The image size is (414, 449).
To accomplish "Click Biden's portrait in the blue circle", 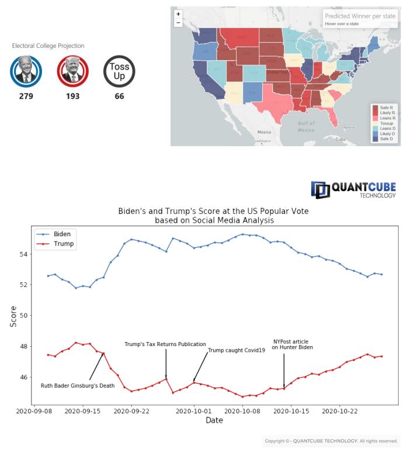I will pos(26,71).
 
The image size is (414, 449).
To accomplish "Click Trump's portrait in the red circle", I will pos(72,71).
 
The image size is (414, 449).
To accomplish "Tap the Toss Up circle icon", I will pos(119,71).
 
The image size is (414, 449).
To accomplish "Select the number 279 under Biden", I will pos(26,96).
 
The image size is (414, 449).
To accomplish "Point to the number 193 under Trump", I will pos(72,96).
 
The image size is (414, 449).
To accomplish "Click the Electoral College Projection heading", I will pos(48,46).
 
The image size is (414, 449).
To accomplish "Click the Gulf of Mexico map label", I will pos(307,126).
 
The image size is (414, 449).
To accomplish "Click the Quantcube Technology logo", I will pos(353,189).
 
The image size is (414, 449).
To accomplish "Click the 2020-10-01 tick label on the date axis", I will pos(194,412).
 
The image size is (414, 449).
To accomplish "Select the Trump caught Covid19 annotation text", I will pos(236,350).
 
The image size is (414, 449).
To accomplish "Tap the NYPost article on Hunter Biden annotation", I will pos(292,344).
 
